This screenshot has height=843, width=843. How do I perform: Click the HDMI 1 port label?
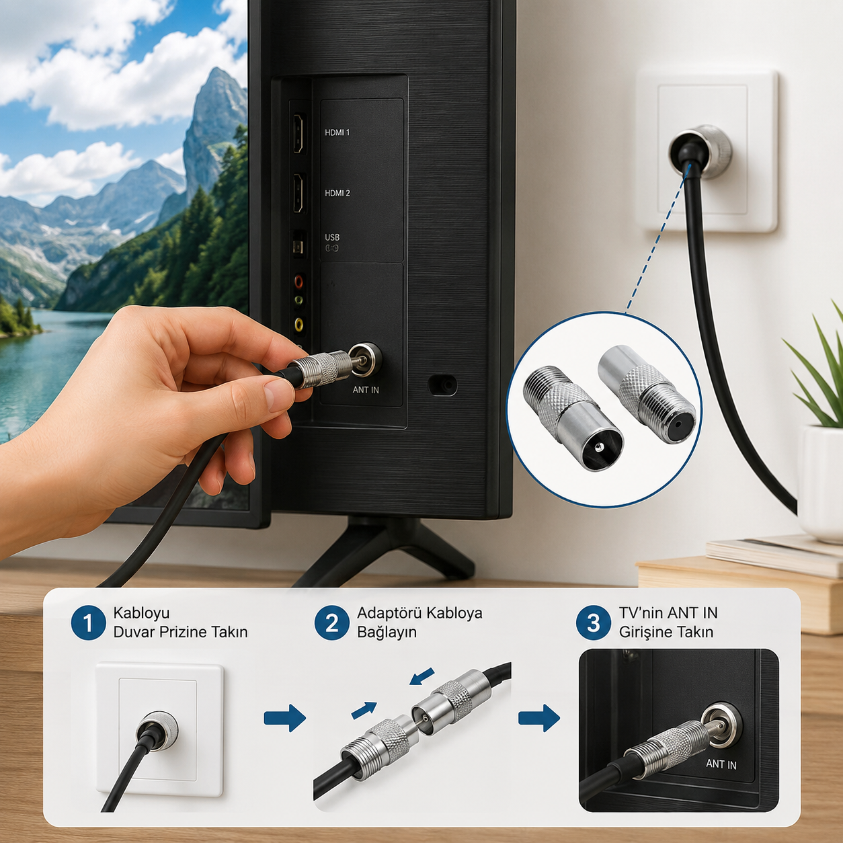click(337, 132)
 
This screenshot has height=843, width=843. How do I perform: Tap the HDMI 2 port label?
click(337, 193)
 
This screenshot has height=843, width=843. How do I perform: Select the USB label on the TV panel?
click(332, 237)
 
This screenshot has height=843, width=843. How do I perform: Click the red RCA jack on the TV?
click(298, 280)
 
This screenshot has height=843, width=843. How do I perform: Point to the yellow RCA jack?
click(298, 324)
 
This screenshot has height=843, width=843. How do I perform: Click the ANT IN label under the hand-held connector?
click(366, 389)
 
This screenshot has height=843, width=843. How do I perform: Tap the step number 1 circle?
click(88, 623)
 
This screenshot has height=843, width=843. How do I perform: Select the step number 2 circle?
click(331, 623)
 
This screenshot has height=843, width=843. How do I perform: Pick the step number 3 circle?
click(593, 623)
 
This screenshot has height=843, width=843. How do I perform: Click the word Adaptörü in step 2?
click(389, 613)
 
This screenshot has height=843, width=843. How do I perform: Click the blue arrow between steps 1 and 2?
click(284, 717)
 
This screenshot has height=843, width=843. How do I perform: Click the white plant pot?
click(820, 483)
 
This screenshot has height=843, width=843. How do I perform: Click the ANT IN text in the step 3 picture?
click(721, 764)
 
